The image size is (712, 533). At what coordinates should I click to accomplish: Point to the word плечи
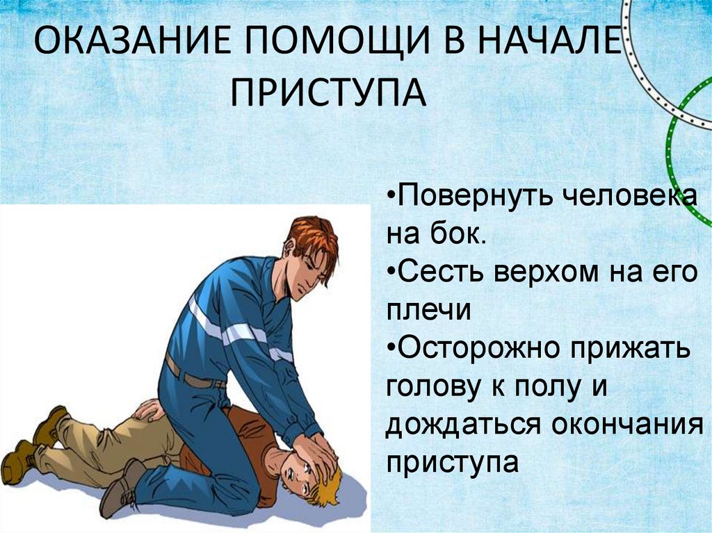coord(430,311)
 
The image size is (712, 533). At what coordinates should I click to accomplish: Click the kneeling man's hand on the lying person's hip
coord(147,409)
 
